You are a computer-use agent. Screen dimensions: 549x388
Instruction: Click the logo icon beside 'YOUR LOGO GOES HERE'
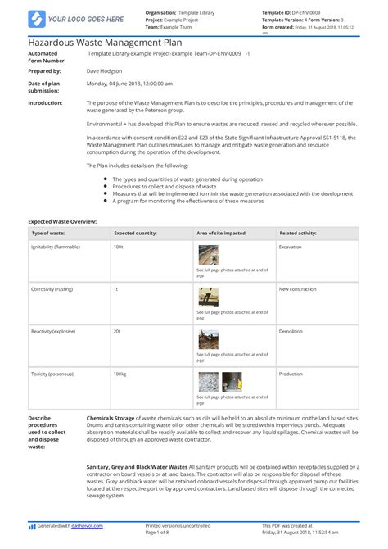tap(36, 18)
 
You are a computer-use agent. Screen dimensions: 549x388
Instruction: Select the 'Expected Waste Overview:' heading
tap(63, 222)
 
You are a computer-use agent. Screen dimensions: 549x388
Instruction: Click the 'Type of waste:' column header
tap(50, 233)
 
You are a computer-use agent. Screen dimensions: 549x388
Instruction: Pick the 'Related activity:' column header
tap(299, 233)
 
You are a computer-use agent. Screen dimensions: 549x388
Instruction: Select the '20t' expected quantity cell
tap(117, 332)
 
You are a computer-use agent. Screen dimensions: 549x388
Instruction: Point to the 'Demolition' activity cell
tap(291, 332)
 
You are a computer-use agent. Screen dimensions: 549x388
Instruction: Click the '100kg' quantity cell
tap(120, 374)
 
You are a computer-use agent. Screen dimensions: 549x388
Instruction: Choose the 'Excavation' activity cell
tap(291, 246)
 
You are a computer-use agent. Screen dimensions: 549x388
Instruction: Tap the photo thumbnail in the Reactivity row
tap(208, 340)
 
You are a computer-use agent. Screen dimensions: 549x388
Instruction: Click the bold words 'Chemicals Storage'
tap(111, 418)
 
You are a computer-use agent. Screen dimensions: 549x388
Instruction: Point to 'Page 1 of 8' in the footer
tap(159, 531)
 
